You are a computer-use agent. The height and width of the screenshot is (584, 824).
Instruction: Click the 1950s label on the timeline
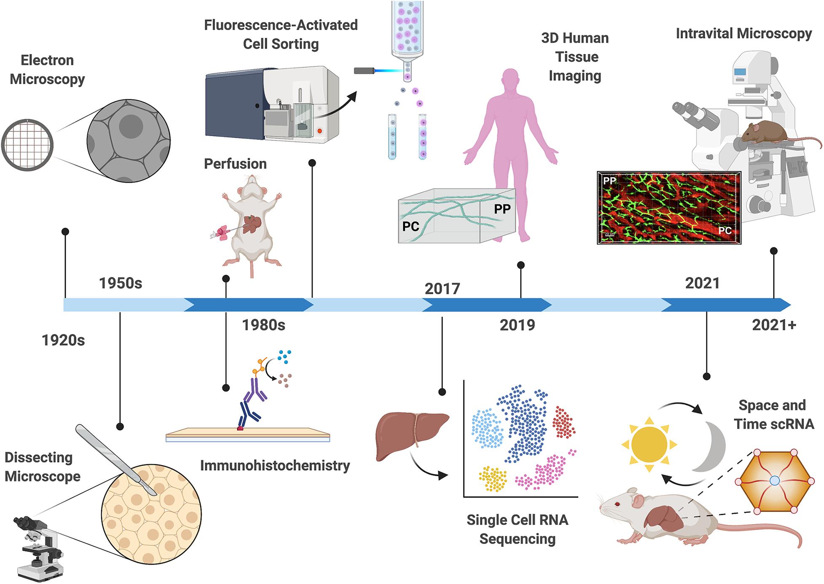[121, 283]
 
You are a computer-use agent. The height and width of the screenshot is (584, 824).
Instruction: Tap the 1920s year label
[63, 340]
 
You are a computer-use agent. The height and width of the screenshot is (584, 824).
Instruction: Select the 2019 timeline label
[517, 325]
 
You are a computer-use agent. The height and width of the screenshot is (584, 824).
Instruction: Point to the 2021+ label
[774, 325]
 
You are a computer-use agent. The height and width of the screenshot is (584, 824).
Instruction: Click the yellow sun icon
[649, 445]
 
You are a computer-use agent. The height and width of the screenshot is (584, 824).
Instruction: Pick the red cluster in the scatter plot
[564, 422]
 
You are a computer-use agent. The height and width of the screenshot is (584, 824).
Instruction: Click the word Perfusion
[235, 164]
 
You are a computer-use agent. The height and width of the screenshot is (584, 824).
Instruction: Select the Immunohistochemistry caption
[275, 466]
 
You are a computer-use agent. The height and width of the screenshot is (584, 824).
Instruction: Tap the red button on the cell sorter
[319, 131]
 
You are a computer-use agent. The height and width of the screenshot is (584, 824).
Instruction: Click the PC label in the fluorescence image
[725, 230]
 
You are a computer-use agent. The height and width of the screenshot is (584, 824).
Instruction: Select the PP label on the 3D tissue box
[502, 209]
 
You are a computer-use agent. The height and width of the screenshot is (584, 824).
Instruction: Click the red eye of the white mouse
[618, 504]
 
